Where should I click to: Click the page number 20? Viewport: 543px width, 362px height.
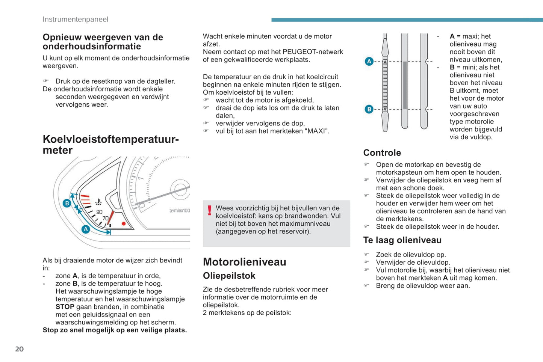pyautogui.click(x=19, y=349)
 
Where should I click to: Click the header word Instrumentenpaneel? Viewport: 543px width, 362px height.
pyautogui.click(x=75, y=19)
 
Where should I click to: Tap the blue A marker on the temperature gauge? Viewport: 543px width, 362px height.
pyautogui.click(x=86, y=229)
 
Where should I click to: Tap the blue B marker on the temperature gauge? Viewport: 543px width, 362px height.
pyautogui.click(x=67, y=203)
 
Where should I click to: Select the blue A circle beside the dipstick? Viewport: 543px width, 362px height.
pyautogui.click(x=369, y=61)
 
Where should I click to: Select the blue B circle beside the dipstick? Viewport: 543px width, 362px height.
pyautogui.click(x=369, y=109)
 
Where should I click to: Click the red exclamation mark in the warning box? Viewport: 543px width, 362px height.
pyautogui.click(x=210, y=211)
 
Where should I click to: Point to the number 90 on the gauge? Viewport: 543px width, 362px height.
pyautogui.click(x=99, y=212)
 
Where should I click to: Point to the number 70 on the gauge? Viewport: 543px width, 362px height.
pyautogui.click(x=106, y=218)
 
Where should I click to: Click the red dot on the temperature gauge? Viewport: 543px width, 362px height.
pyautogui.click(x=124, y=224)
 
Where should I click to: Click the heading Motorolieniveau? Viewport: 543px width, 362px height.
pyautogui.click(x=244, y=262)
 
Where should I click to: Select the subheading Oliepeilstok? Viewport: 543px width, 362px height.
pyautogui.click(x=229, y=276)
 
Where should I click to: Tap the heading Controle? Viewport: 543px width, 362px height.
pyautogui.click(x=382, y=153)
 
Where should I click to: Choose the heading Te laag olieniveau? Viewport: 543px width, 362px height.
pyautogui.click(x=402, y=240)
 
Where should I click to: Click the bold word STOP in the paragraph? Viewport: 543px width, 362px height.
pyautogui.click(x=65, y=307)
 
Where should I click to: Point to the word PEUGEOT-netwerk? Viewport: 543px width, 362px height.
pyautogui.click(x=313, y=52)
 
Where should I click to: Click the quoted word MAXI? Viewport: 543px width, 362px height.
pyautogui.click(x=316, y=131)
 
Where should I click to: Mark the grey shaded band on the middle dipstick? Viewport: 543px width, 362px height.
pyautogui.click(x=405, y=85)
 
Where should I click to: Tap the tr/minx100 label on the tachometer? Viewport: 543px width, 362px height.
pyautogui.click(x=180, y=211)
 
